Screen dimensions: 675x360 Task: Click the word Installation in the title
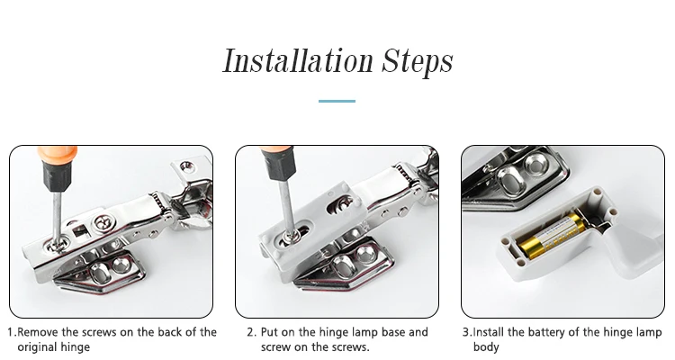[x=298, y=60]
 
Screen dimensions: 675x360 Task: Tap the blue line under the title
[x=337, y=101]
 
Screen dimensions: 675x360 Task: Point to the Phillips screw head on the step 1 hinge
[x=103, y=223]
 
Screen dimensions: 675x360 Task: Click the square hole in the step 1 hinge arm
[x=80, y=231]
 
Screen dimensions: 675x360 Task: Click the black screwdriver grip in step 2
[x=278, y=164]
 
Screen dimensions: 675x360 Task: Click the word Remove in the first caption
[x=37, y=332]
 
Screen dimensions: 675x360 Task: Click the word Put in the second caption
[x=269, y=332]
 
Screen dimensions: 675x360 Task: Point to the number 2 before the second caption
[x=251, y=332]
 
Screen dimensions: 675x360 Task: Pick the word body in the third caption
[x=486, y=347]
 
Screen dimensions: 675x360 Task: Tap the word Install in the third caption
[x=489, y=332]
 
